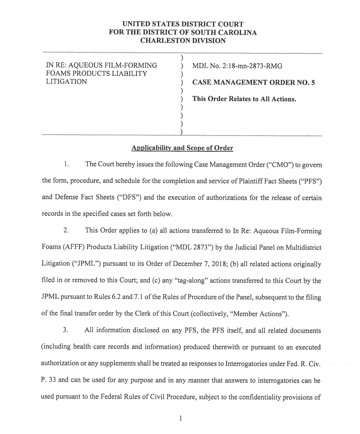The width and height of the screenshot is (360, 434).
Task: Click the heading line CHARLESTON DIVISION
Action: tap(183, 40)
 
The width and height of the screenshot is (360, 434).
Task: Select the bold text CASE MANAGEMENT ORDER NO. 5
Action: tap(253, 83)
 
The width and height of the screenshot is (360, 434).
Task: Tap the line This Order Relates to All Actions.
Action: tap(244, 99)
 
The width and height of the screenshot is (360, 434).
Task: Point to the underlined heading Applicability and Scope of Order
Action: tap(182, 148)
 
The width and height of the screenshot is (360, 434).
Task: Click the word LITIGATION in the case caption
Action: tap(67, 82)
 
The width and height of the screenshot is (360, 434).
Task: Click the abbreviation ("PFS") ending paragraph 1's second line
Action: tap(310, 181)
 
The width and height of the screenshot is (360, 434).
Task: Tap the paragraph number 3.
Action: tap(65, 330)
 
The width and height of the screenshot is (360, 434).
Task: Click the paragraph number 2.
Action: tap(65, 231)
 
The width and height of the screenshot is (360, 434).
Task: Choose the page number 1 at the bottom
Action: tap(180, 419)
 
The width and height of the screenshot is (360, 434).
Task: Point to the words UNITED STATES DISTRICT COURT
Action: tap(183, 24)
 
